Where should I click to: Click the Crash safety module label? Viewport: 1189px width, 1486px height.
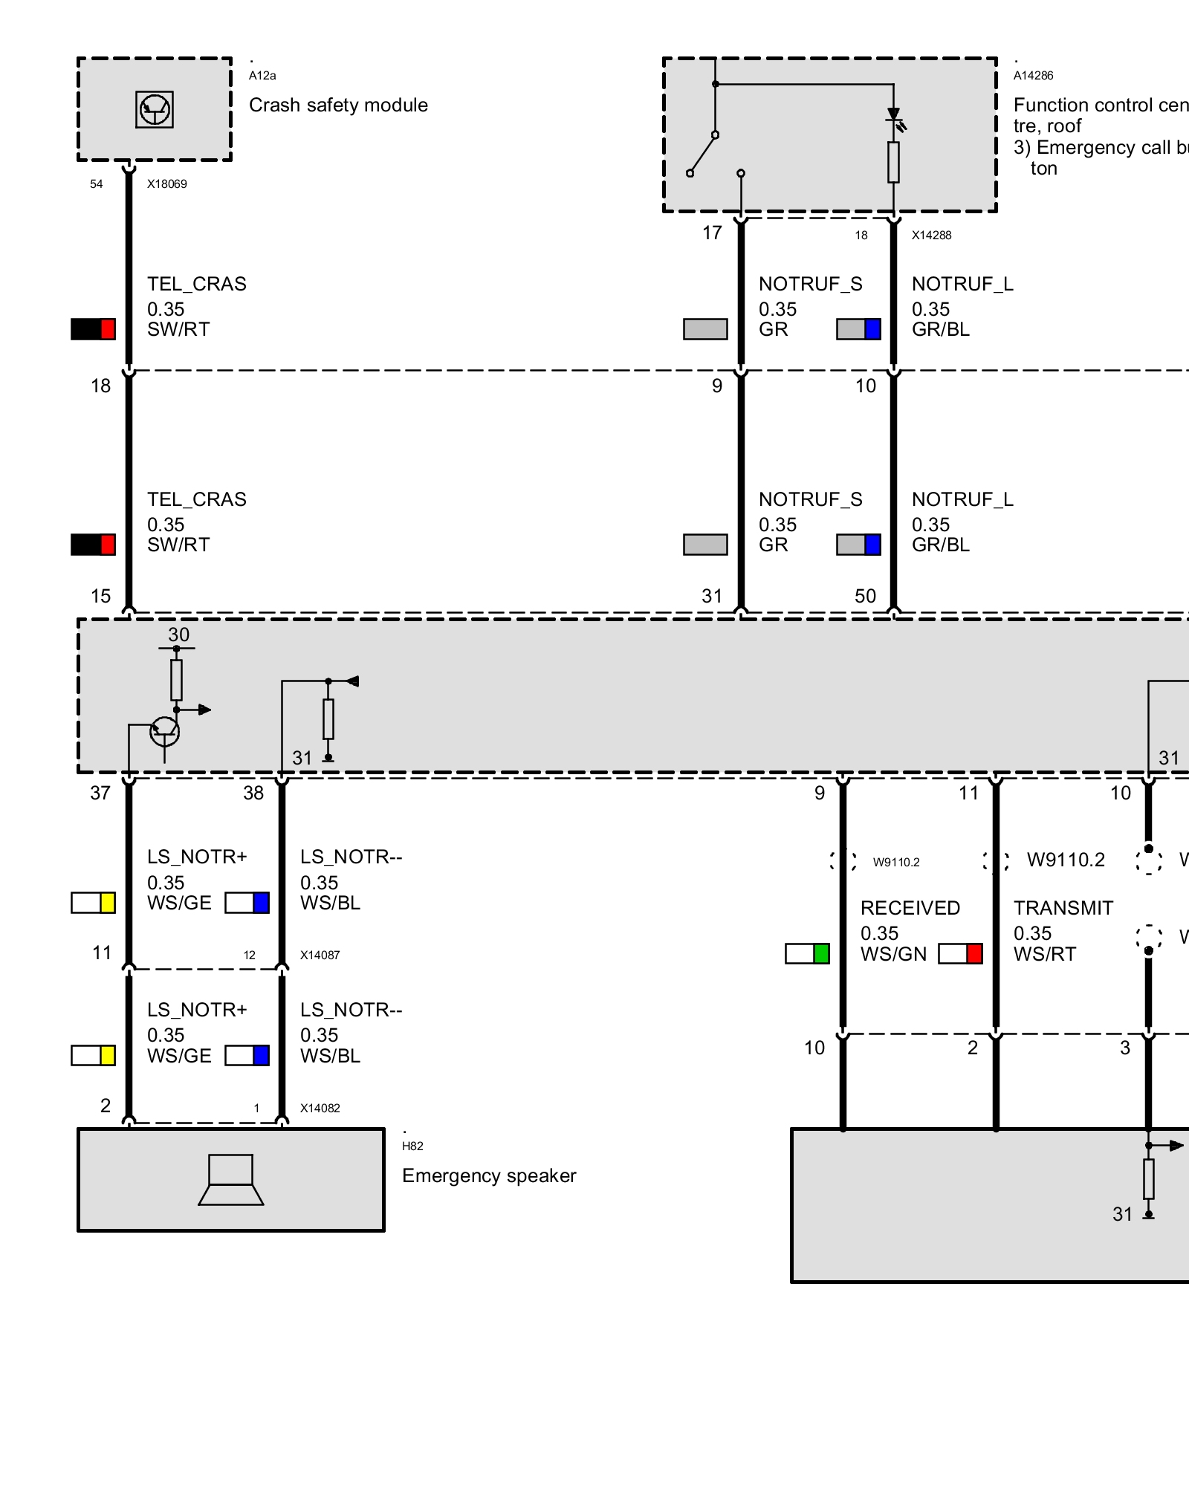pos(338,106)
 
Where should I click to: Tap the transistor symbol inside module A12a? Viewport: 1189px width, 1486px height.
pos(155,110)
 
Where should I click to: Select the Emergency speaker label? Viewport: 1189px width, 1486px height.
pos(489,1175)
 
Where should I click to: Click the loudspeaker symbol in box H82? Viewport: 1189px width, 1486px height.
pos(231,1179)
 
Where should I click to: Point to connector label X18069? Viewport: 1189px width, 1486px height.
pos(166,184)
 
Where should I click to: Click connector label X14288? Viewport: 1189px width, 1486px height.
pos(931,236)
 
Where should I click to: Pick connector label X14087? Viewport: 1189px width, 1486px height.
pos(320,955)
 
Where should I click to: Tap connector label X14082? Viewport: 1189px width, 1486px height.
pos(320,1109)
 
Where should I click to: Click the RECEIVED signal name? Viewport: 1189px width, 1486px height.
pos(910,908)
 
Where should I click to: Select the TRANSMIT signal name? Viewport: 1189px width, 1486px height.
pos(1063,908)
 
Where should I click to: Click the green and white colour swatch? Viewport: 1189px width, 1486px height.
pos(807,954)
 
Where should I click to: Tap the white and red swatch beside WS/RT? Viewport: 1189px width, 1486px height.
pos(960,954)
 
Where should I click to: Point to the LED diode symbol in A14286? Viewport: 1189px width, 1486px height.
pos(894,117)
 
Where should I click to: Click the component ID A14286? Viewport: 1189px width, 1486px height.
pos(1033,76)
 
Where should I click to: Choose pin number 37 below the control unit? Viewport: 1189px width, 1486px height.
pos(100,794)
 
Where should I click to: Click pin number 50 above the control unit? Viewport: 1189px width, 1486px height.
pos(865,596)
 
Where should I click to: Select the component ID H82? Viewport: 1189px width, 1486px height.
pos(412,1146)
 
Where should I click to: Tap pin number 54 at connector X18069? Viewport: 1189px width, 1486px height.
pos(97,184)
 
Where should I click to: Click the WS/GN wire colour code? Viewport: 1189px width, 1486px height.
pos(893,955)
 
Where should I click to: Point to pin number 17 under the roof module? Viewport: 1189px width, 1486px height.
pos(712,233)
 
